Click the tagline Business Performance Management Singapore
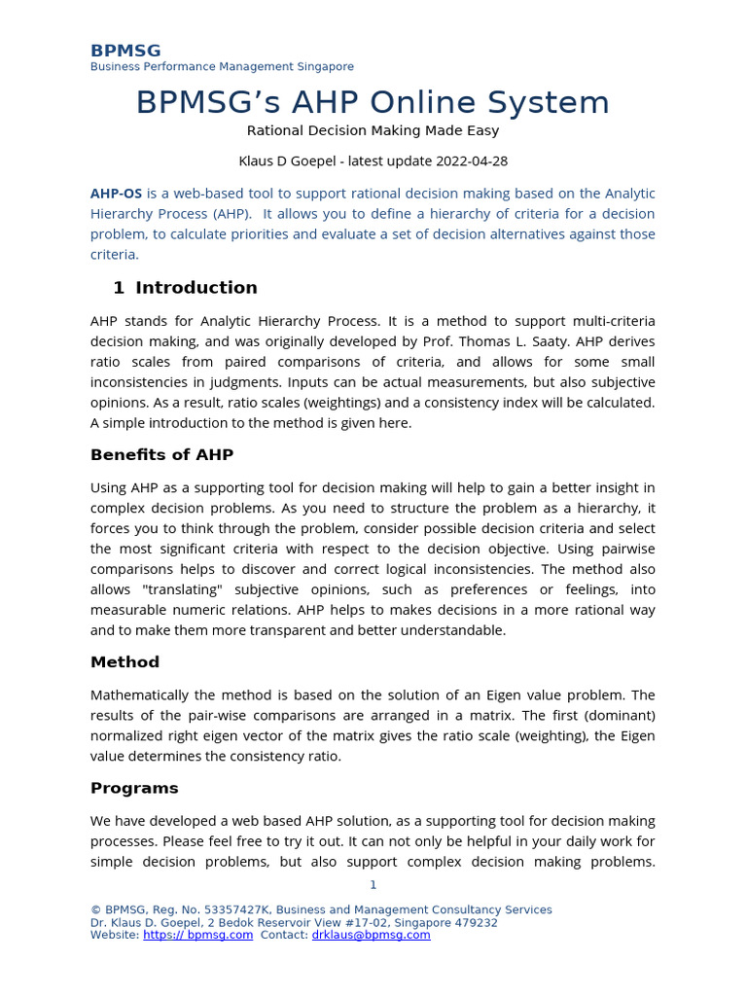tap(222, 67)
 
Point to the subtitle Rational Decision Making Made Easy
tap(373, 130)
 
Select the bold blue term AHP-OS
tap(116, 194)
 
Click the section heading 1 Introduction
tap(185, 288)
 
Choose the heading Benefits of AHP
tap(161, 455)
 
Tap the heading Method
tap(124, 662)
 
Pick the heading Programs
tap(134, 788)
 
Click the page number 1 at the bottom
tap(373, 885)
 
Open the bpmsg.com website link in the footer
tap(197, 936)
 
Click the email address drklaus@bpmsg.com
tap(371, 936)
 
